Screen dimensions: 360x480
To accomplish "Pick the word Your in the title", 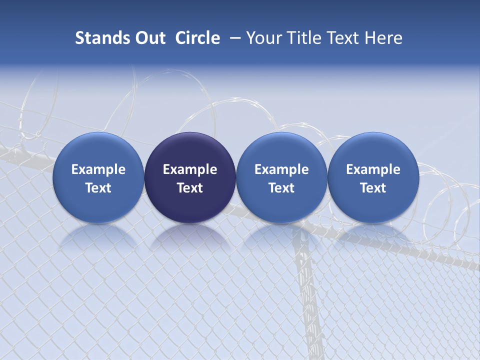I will coord(262,38).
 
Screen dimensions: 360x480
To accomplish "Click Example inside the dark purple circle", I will coord(190,169).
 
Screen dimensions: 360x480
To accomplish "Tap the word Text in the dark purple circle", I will coord(190,188).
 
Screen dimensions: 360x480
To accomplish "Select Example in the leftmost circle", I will coord(98,169).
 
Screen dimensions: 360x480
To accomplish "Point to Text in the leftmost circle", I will coord(98,188).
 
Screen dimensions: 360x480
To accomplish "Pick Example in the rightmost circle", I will coord(373,169).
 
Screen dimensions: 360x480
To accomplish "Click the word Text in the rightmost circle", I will coord(373,188).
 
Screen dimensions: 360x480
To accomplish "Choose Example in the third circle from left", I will coord(281,169).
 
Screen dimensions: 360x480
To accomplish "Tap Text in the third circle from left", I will coord(281,188).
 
